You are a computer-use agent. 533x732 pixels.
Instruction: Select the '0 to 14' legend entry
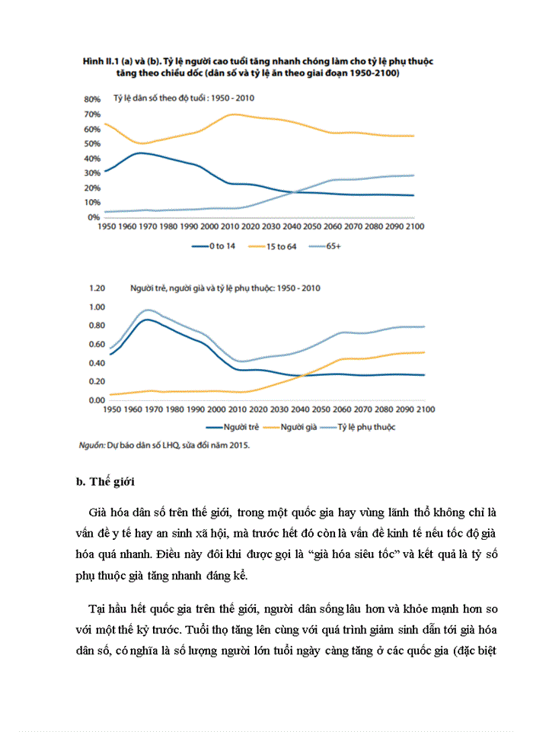[x=221, y=246]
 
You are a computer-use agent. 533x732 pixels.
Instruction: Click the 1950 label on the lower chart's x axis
[x=111, y=410]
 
